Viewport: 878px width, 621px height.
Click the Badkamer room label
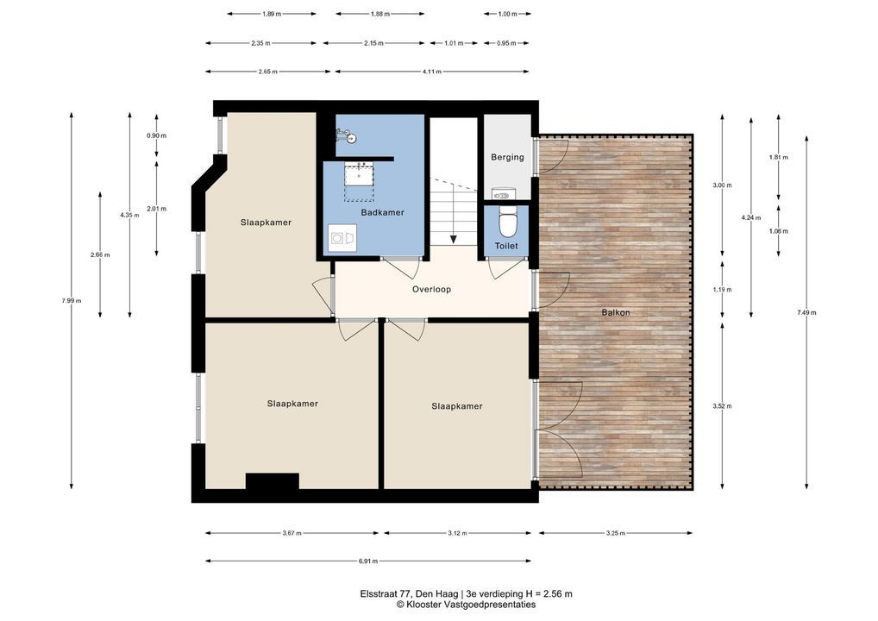[x=382, y=213]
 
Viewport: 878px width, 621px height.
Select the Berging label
[x=507, y=157]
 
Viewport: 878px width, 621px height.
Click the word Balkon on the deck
[x=616, y=312]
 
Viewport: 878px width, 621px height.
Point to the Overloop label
[x=432, y=290]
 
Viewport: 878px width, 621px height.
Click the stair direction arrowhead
[x=454, y=240]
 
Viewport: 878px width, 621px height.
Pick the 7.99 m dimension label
[x=72, y=301]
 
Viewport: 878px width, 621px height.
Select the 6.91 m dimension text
[x=368, y=561]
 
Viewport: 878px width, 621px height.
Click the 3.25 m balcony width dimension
[x=616, y=534]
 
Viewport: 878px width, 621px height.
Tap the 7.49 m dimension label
[x=806, y=312]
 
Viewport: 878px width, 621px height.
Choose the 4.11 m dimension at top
[x=431, y=72]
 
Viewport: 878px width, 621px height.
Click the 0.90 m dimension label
[x=156, y=135]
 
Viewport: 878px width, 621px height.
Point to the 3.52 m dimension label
[x=723, y=406]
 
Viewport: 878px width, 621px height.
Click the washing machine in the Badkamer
[x=342, y=238]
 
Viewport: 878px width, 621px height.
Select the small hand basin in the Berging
[x=501, y=195]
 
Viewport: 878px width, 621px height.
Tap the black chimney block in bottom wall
[x=273, y=481]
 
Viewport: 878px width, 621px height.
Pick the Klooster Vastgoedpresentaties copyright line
[x=466, y=605]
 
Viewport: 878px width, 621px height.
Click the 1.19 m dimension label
[x=723, y=290]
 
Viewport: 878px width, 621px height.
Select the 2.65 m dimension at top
[x=267, y=72]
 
